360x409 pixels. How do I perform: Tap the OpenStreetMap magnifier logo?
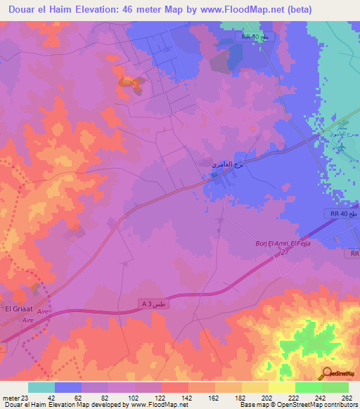[328, 373]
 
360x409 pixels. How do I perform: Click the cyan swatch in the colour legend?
[41, 387]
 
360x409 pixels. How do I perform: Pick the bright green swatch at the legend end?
[335, 387]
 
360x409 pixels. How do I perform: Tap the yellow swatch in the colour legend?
[282, 387]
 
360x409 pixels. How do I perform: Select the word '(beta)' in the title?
[299, 9]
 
